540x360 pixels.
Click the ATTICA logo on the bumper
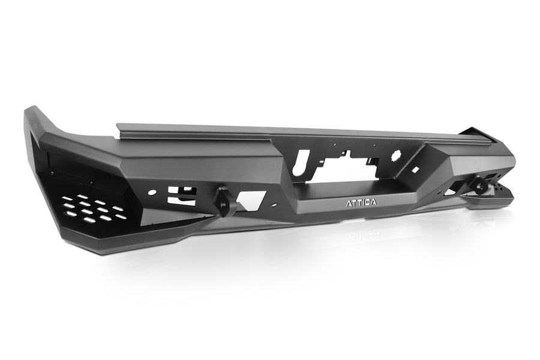pos(361,203)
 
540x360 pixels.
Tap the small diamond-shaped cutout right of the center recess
pos(414,170)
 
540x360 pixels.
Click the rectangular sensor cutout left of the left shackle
pos(181,196)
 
